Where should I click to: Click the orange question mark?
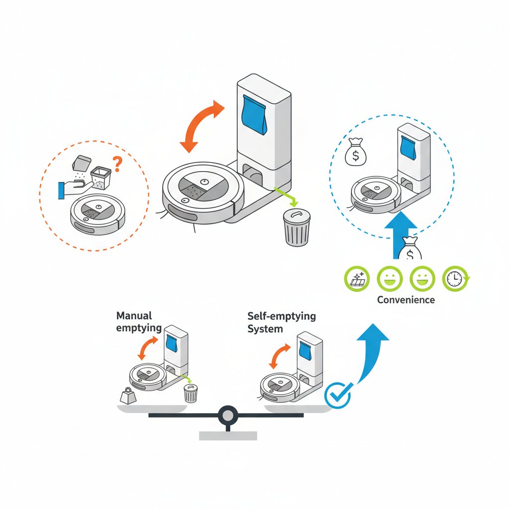[x=117, y=164]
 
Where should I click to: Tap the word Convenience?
[x=406, y=300]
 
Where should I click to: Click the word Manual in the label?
[x=134, y=316]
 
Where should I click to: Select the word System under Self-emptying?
[x=265, y=329]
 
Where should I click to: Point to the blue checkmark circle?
[x=338, y=395]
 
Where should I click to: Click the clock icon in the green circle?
[x=455, y=278]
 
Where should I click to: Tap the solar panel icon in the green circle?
[x=357, y=278]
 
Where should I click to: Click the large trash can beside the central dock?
[x=297, y=227]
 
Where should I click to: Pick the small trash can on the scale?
[x=190, y=393]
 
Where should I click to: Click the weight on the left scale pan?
[x=128, y=396]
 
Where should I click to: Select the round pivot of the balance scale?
[x=228, y=415]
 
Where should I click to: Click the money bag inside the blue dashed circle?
[x=355, y=152]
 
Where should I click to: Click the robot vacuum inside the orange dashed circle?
[x=98, y=214]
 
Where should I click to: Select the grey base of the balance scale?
[x=228, y=435]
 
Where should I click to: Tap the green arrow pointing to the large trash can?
[x=286, y=196]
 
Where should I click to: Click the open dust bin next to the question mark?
[x=100, y=177]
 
